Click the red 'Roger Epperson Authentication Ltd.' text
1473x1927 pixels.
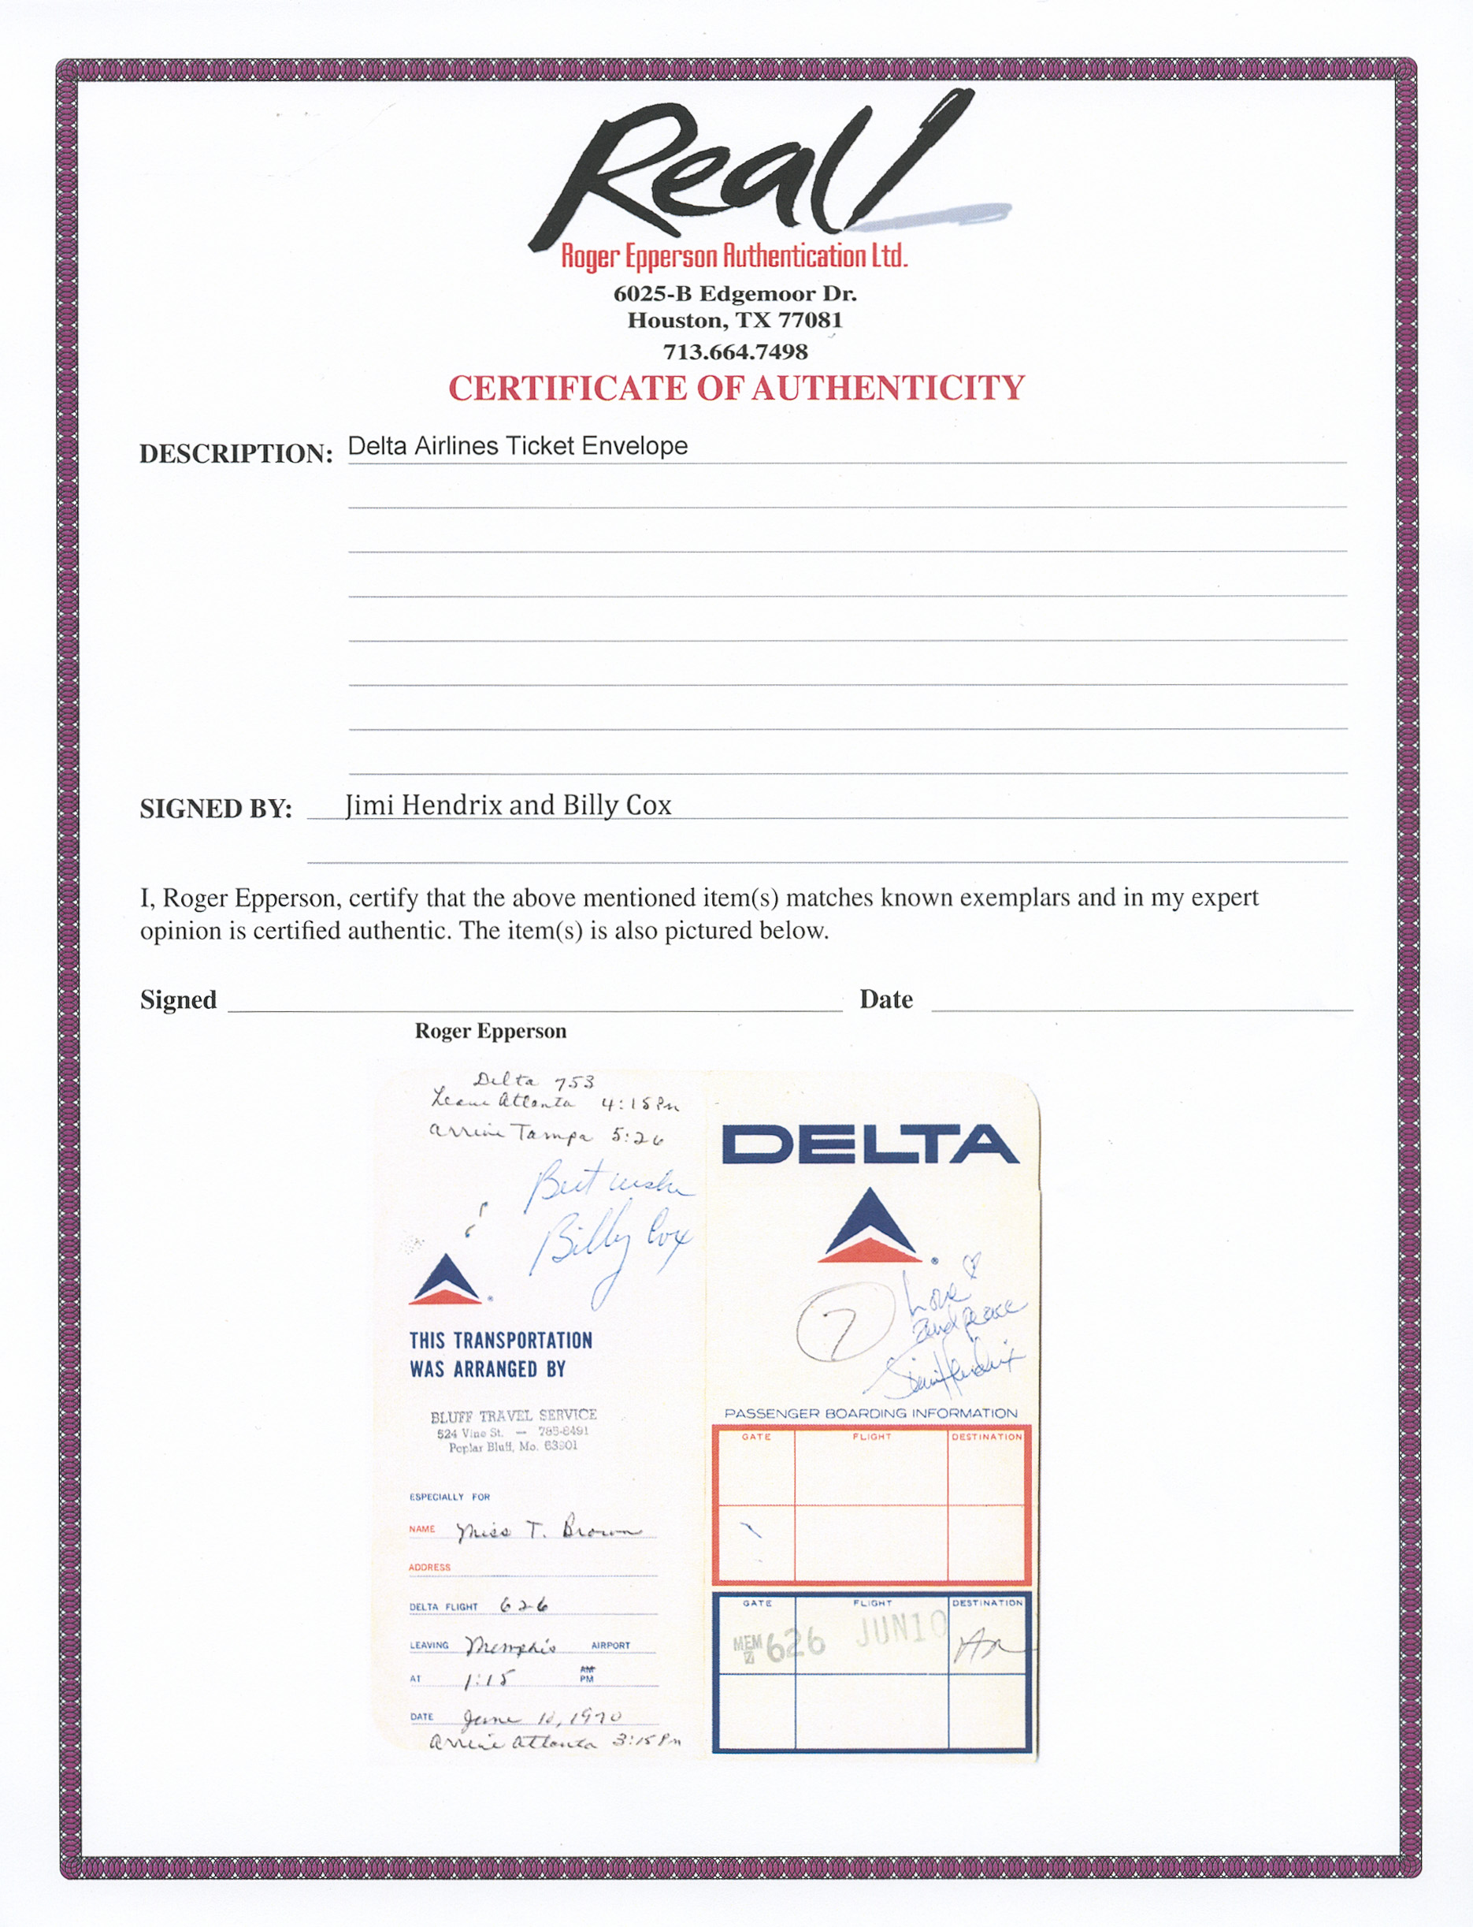click(734, 256)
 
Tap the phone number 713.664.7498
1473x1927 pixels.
click(735, 352)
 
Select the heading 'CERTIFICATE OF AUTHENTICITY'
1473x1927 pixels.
click(736, 389)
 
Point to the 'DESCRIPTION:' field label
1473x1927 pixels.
click(236, 453)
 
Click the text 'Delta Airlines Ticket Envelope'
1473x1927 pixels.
click(518, 446)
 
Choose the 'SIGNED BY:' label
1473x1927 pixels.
click(216, 809)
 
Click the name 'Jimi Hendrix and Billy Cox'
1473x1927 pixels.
click(509, 805)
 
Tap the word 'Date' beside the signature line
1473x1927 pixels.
click(885, 1000)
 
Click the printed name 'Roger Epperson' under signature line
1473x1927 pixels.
click(490, 1031)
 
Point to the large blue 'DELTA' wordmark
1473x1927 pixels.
click(870, 1144)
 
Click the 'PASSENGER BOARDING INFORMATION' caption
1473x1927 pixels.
click(870, 1414)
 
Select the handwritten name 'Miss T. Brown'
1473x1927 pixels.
click(548, 1531)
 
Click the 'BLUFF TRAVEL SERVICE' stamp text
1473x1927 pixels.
click(513, 1415)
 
